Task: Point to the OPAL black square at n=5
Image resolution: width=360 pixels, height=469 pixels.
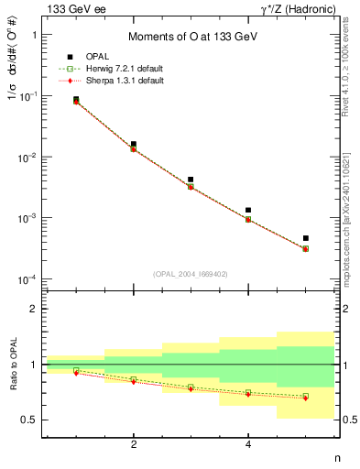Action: tap(306, 238)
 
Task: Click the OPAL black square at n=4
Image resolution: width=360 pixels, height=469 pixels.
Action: tap(248, 210)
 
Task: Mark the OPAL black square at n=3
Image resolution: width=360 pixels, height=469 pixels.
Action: tap(191, 180)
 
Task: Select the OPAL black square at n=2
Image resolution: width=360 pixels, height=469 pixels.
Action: tap(134, 144)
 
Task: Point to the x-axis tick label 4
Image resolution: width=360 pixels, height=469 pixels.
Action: tap(248, 445)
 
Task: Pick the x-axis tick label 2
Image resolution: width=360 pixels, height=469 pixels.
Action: tap(134, 445)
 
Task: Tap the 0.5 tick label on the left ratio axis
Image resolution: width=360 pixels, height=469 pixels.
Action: tap(30, 420)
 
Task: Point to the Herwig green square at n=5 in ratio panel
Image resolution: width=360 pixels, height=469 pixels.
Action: tap(306, 396)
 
